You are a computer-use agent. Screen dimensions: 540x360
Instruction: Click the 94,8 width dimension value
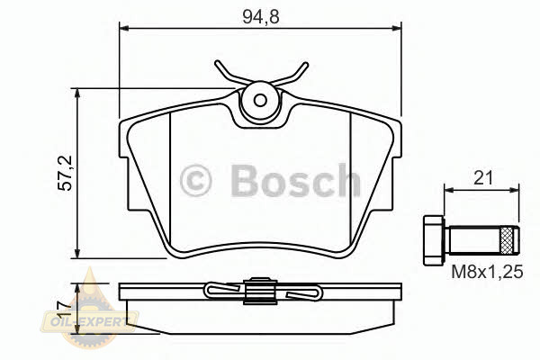(260, 16)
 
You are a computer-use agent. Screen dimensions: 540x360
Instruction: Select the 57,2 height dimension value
(65, 173)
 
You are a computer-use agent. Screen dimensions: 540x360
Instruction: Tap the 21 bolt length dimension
(482, 178)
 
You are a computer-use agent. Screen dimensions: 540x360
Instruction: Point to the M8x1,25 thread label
(487, 272)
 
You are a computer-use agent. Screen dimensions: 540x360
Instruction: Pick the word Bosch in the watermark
(296, 180)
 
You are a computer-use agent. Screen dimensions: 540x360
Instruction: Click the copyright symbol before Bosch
(195, 180)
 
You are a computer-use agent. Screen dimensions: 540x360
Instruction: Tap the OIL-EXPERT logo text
(89, 322)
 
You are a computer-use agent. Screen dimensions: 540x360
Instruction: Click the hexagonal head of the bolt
(433, 240)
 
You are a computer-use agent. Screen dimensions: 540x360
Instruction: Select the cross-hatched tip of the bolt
(506, 240)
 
